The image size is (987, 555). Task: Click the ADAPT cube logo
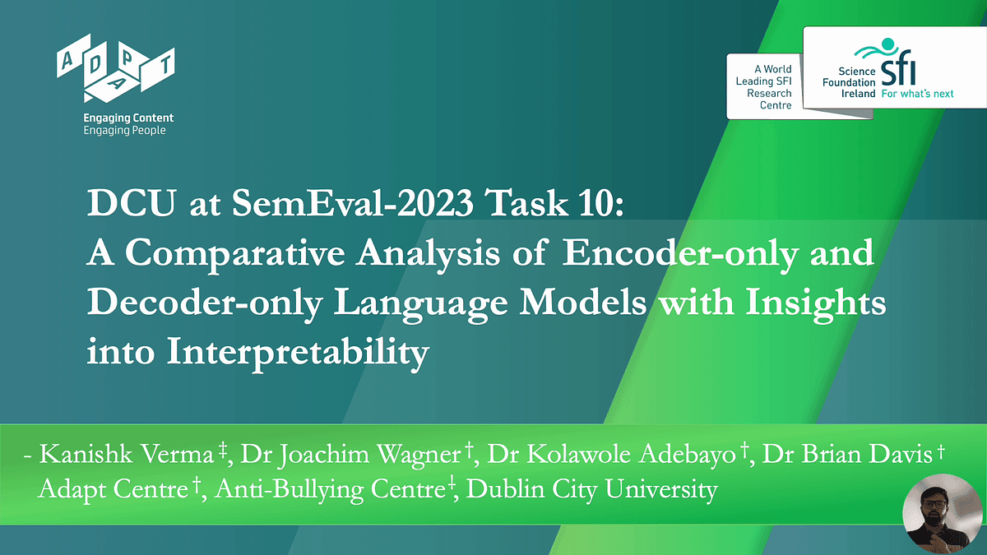[115, 67]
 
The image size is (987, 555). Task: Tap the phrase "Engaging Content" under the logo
[128, 118]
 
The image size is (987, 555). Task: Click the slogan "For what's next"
[917, 94]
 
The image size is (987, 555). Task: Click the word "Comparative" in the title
[235, 254]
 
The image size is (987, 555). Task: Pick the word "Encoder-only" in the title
[680, 253]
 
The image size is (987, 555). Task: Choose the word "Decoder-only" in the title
[205, 303]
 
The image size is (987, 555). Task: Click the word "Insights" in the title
[816, 303]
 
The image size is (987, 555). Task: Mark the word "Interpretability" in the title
[298, 353]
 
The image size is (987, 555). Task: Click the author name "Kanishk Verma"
[127, 454]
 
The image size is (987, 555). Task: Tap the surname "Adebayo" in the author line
[688, 455]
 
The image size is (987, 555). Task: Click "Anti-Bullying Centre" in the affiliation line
[330, 490]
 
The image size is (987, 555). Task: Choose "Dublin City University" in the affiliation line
[592, 490]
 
